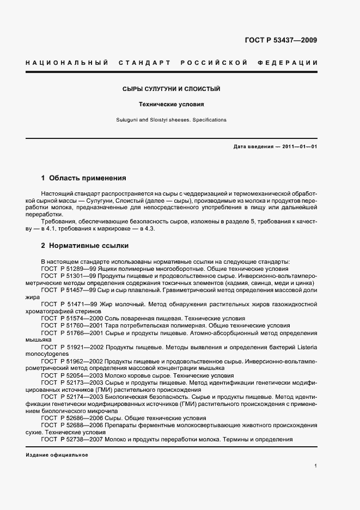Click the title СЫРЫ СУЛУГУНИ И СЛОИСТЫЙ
click(x=170, y=89)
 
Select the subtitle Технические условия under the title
click(x=171, y=104)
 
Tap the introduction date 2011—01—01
click(x=298, y=147)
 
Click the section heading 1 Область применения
click(x=84, y=178)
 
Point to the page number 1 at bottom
click(x=316, y=466)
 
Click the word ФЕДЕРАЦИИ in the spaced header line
click(x=290, y=63)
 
